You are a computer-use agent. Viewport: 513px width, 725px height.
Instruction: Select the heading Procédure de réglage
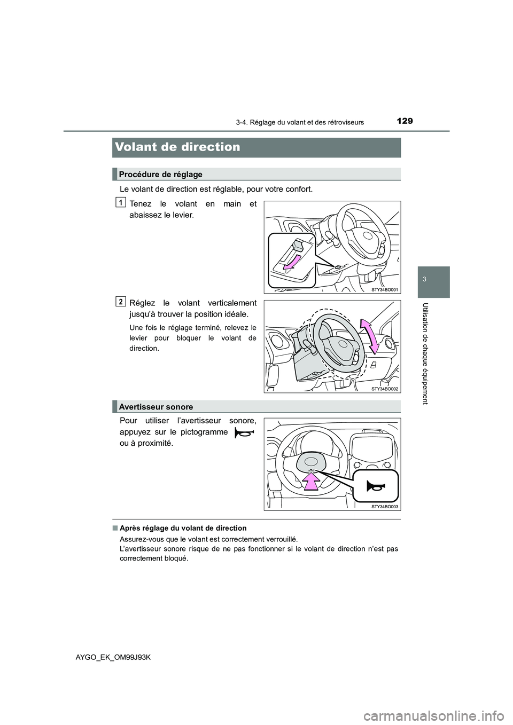click(160, 175)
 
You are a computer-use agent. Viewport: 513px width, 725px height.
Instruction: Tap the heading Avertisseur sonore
click(156, 407)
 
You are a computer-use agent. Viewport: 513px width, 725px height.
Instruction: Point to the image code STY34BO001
click(385, 289)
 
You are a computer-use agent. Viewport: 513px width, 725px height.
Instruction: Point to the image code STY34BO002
click(385, 389)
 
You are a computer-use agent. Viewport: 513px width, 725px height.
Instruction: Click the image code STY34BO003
click(385, 506)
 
